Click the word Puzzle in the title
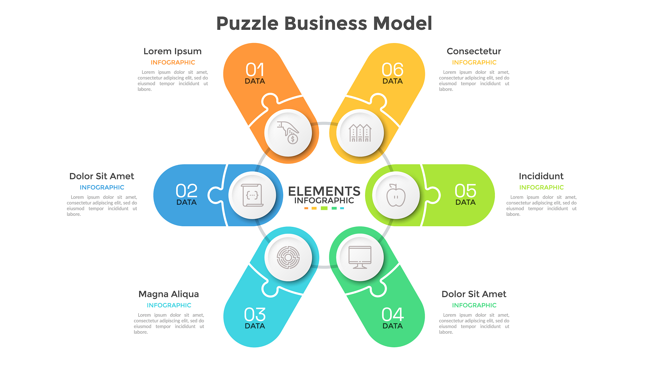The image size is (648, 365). pyautogui.click(x=247, y=24)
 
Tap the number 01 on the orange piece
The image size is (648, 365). pyautogui.click(x=255, y=70)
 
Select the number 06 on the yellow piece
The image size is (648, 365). pyautogui.click(x=392, y=70)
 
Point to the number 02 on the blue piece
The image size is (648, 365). pyautogui.click(x=186, y=191)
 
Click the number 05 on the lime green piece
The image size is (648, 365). pyautogui.click(x=465, y=191)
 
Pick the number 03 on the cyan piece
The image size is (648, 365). pyautogui.click(x=255, y=315)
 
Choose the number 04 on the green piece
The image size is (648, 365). pyautogui.click(x=392, y=315)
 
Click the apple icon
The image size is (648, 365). pyautogui.click(x=396, y=195)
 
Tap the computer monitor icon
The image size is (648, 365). pyautogui.click(x=360, y=257)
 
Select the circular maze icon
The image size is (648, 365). pyautogui.click(x=288, y=257)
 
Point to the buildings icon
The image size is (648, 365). pyautogui.click(x=360, y=133)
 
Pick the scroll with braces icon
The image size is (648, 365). pyautogui.click(x=252, y=195)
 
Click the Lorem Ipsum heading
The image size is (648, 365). pyautogui.click(x=172, y=51)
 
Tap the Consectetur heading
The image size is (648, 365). pyautogui.click(x=474, y=51)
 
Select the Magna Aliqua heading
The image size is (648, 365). pyautogui.click(x=169, y=294)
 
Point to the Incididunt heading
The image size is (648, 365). pyautogui.click(x=541, y=176)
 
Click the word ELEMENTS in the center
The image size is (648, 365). pyautogui.click(x=324, y=191)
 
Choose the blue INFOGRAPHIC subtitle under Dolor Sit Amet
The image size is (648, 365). pyautogui.click(x=102, y=187)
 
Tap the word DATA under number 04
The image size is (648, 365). pyautogui.click(x=392, y=326)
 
